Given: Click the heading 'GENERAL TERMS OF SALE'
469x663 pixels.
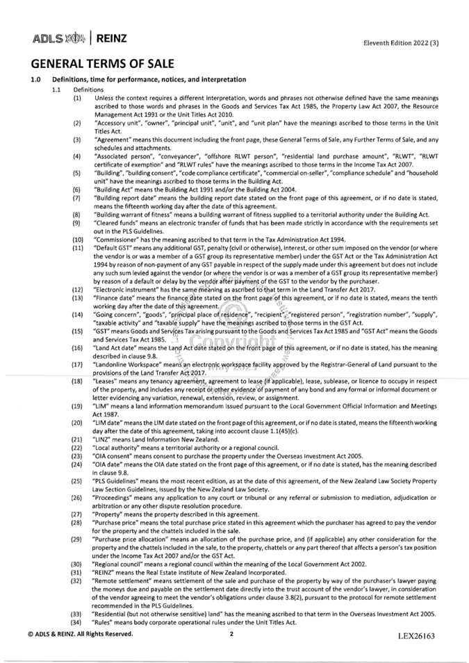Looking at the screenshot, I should click(x=104, y=64).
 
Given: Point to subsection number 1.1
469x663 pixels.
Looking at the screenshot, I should click(x=58, y=90).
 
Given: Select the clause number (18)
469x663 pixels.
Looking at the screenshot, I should click(x=79, y=382).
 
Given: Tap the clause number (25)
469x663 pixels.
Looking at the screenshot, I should click(x=79, y=478).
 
